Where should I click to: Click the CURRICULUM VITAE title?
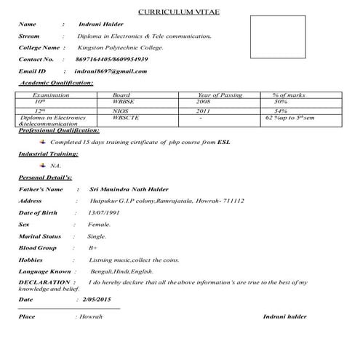coord(180,11)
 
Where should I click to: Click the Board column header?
coord(121,95)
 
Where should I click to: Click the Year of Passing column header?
coord(220,95)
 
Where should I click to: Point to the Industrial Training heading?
coord(48,154)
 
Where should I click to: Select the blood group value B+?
coord(93,248)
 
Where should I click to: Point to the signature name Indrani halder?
coord(285,318)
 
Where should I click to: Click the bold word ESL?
coord(224,143)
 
